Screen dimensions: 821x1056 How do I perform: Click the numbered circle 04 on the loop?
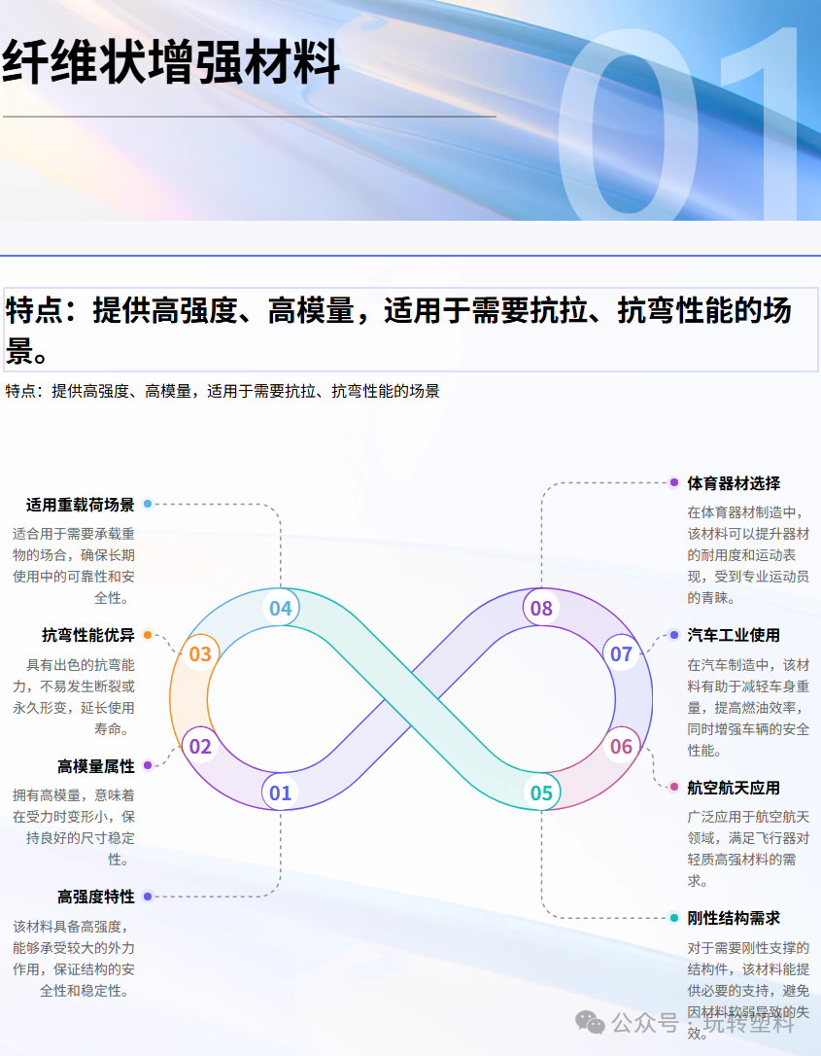(280, 609)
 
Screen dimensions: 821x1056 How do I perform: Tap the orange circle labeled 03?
(200, 654)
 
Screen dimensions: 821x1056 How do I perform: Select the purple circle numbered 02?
(200, 747)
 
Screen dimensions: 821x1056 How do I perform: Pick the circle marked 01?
(280, 792)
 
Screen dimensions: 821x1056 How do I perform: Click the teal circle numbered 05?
(541, 792)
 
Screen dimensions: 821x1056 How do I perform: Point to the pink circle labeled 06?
(621, 747)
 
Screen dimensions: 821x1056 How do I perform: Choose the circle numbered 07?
(621, 654)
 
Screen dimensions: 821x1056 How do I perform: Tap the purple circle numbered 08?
(541, 609)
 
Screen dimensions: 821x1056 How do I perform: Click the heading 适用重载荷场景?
(80, 505)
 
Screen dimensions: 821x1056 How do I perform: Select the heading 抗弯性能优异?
(87, 635)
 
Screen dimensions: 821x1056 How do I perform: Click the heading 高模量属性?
(95, 766)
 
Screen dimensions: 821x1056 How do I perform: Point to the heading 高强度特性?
(95, 897)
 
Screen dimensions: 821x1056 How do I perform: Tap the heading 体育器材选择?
(734, 483)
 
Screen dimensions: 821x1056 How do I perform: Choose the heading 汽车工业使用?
(734, 635)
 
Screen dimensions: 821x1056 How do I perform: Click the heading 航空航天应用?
(734, 788)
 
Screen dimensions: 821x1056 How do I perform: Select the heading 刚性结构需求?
(734, 918)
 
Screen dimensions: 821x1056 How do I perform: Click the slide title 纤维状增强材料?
(171, 64)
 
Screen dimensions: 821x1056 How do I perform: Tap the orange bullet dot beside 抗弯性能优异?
(148, 635)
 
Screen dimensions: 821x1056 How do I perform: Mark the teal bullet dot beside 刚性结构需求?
(674, 918)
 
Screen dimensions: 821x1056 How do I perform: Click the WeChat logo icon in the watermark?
(590, 1022)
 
